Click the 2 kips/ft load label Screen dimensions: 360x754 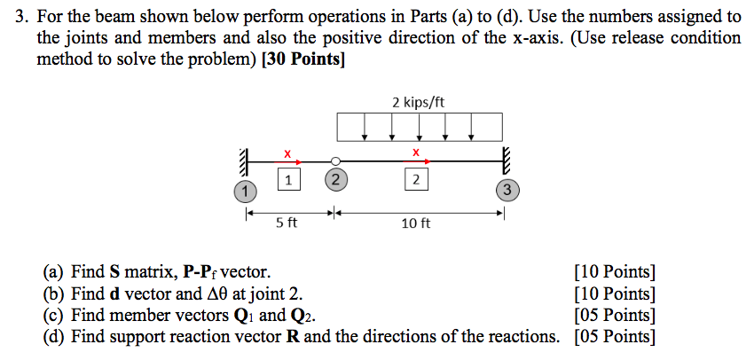(418, 102)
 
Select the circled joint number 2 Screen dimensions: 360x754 (334, 180)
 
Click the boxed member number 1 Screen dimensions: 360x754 (286, 180)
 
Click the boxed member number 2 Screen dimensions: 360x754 (414, 180)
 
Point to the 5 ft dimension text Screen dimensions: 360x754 (286, 223)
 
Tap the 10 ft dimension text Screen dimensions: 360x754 (415, 223)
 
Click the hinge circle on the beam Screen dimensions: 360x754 (334, 161)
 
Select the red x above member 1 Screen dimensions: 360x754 (286, 153)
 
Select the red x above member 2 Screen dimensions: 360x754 (415, 153)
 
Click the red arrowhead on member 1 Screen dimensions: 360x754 (299, 161)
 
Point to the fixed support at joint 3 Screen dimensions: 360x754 (507, 162)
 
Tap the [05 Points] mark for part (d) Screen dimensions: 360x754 (615, 336)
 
